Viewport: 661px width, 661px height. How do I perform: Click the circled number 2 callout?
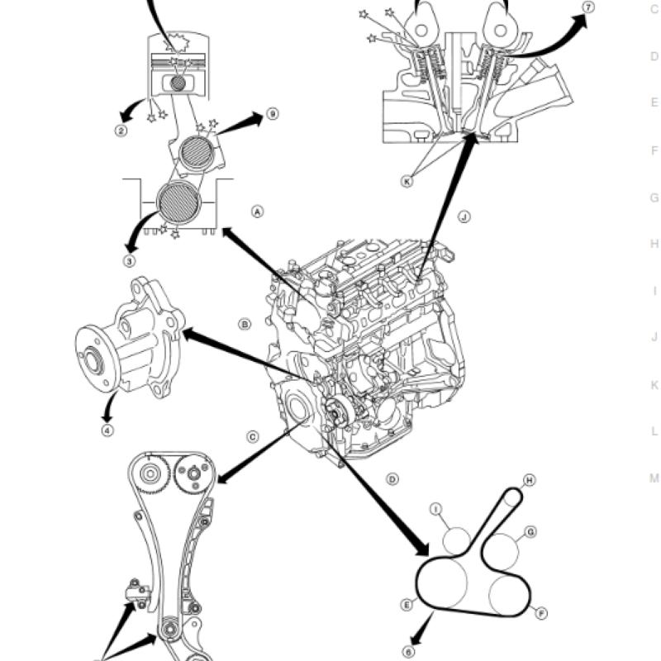(121, 131)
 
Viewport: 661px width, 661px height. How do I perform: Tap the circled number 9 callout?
(273, 114)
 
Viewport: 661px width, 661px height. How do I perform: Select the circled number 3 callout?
(130, 261)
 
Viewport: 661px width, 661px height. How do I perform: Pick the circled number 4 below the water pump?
(108, 430)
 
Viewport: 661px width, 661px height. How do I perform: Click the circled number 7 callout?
(588, 7)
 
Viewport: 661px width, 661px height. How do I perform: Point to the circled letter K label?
(407, 181)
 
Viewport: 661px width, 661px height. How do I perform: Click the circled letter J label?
(464, 216)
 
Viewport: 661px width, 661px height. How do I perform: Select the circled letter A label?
(258, 212)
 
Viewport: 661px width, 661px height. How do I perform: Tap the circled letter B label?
(245, 324)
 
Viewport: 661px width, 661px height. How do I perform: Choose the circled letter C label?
(252, 437)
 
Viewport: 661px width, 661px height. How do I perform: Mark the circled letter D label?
(392, 479)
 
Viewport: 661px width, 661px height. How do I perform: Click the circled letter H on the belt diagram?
(529, 480)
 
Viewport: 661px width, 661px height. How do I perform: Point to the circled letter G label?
(530, 532)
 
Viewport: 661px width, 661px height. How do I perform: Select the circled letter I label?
(436, 509)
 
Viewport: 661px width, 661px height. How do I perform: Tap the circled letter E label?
(407, 605)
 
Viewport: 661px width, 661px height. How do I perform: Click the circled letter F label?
(541, 613)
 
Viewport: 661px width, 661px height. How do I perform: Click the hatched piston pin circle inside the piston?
(178, 83)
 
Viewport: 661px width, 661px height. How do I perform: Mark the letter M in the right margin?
(654, 478)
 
